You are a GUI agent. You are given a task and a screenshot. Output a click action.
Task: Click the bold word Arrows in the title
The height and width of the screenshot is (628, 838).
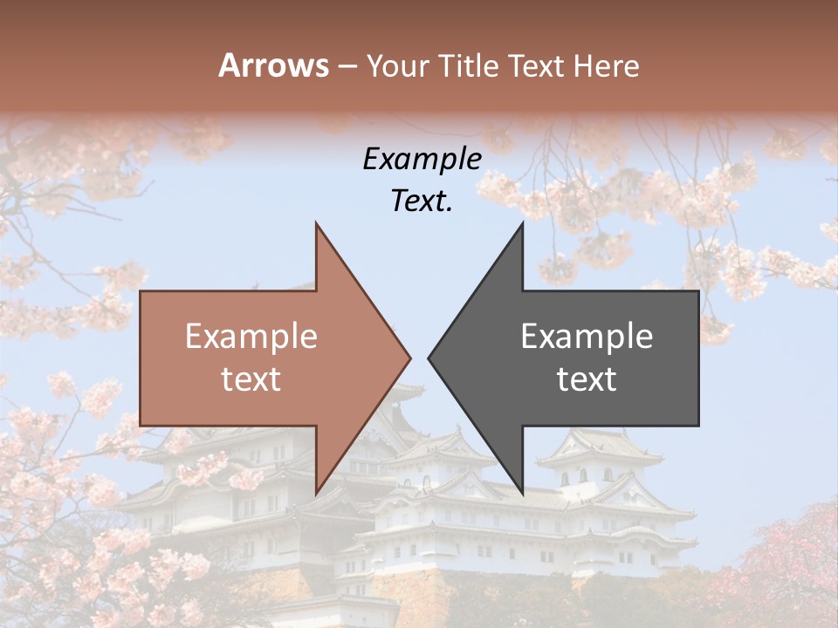coord(273,65)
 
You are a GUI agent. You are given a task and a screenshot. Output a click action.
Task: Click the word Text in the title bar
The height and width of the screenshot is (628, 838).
coord(537,65)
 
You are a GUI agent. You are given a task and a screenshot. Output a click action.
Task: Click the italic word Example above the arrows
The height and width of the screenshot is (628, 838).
coord(422,160)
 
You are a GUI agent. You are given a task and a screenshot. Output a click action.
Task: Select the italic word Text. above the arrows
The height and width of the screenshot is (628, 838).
coord(422,201)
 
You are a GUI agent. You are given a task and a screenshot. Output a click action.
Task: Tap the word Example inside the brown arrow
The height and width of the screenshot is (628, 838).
coord(251,337)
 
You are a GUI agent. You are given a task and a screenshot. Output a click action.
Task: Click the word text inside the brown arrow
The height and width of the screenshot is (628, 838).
coord(251,379)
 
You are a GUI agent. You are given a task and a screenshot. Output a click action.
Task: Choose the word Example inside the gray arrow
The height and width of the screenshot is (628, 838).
coord(587,337)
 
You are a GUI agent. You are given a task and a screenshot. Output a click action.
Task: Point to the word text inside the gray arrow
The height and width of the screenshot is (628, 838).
coord(587,379)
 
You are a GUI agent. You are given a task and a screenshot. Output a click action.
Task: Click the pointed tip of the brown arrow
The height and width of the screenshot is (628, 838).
coord(411,358)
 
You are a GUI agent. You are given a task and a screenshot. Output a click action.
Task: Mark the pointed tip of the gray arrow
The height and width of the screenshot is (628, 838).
coord(428,358)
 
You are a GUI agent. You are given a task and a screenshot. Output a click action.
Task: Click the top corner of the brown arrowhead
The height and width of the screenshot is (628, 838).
coord(316,222)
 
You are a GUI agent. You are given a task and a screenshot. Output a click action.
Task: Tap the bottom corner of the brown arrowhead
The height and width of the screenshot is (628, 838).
coord(316,495)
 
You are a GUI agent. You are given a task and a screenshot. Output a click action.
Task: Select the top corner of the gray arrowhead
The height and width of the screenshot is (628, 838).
coord(523,222)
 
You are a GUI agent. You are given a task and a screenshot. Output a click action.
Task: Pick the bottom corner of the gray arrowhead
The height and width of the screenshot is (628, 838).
coord(523,495)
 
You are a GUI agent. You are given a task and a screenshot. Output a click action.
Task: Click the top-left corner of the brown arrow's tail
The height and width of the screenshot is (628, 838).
coord(141,290)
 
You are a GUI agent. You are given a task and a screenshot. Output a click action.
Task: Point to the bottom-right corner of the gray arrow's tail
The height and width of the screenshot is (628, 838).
coord(698,426)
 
